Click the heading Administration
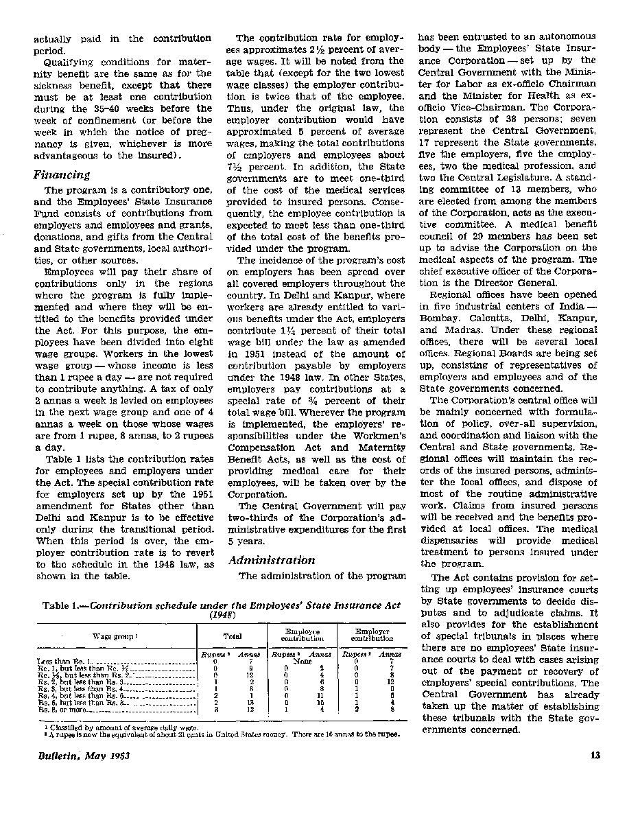point(272,560)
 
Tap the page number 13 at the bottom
point(595,756)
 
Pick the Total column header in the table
point(233,636)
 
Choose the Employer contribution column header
point(372,636)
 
